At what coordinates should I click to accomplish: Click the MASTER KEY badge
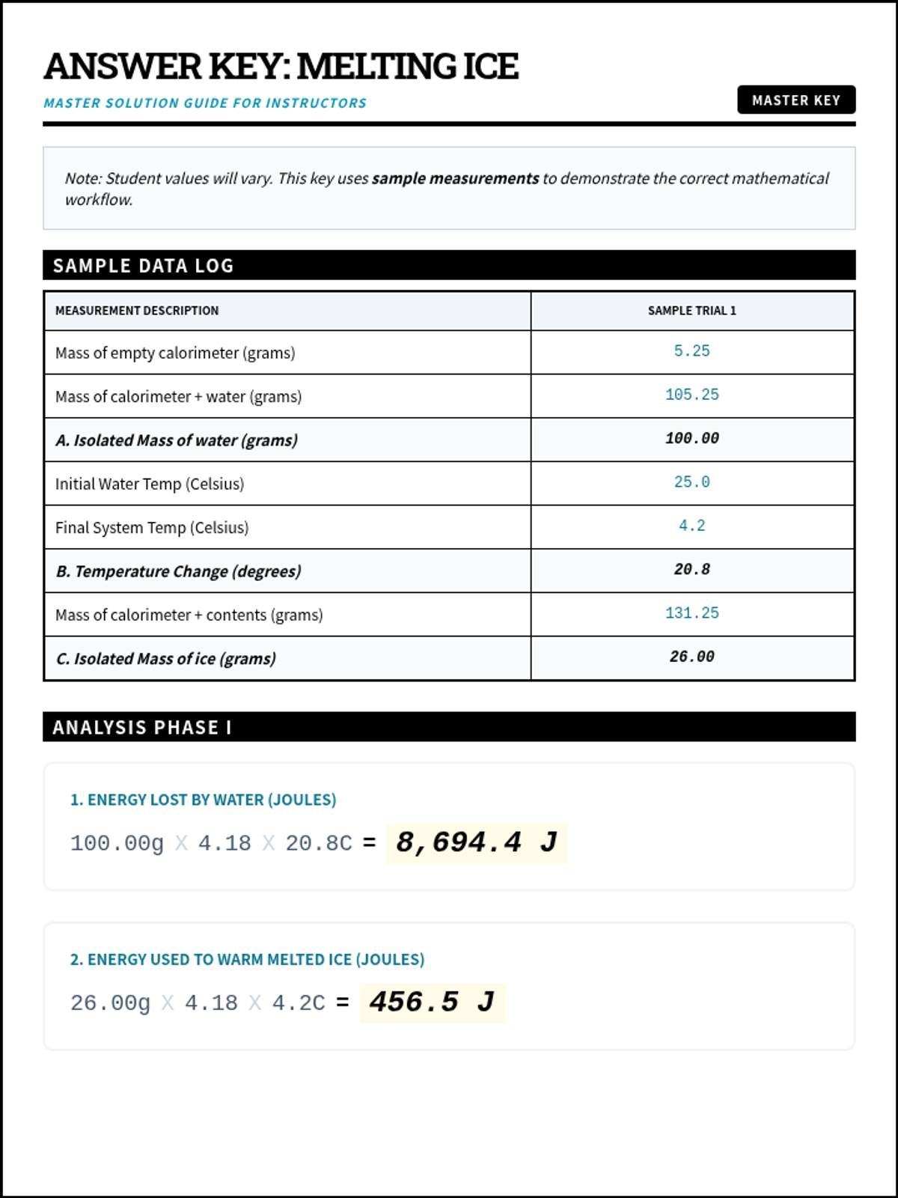coord(795,100)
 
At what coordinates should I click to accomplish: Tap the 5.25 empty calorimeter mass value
coord(691,351)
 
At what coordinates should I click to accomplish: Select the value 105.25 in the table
coord(691,395)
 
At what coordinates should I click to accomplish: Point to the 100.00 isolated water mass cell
coord(691,438)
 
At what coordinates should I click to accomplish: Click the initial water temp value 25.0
coord(691,482)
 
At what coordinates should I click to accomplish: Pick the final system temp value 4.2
coord(691,526)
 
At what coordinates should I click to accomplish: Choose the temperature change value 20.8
coord(691,569)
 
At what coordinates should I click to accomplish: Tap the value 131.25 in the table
coord(691,613)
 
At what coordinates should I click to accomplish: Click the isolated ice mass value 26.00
coord(691,657)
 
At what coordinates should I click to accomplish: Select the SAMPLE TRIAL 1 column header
coord(691,311)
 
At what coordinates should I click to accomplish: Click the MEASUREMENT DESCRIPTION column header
coord(137,311)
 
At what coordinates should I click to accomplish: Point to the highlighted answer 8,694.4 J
coord(477,843)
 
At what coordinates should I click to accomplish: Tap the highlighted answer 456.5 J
coord(432,1003)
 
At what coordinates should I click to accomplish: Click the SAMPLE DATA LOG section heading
coord(143,266)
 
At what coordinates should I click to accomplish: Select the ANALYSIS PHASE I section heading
coord(142,728)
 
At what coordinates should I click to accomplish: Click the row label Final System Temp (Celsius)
coord(152,528)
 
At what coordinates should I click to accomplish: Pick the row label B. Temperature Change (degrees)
coord(178,571)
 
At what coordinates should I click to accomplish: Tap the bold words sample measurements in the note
coord(455,178)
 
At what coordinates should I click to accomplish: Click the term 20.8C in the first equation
coord(318,844)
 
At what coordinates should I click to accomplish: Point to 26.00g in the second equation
coord(110,1003)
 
